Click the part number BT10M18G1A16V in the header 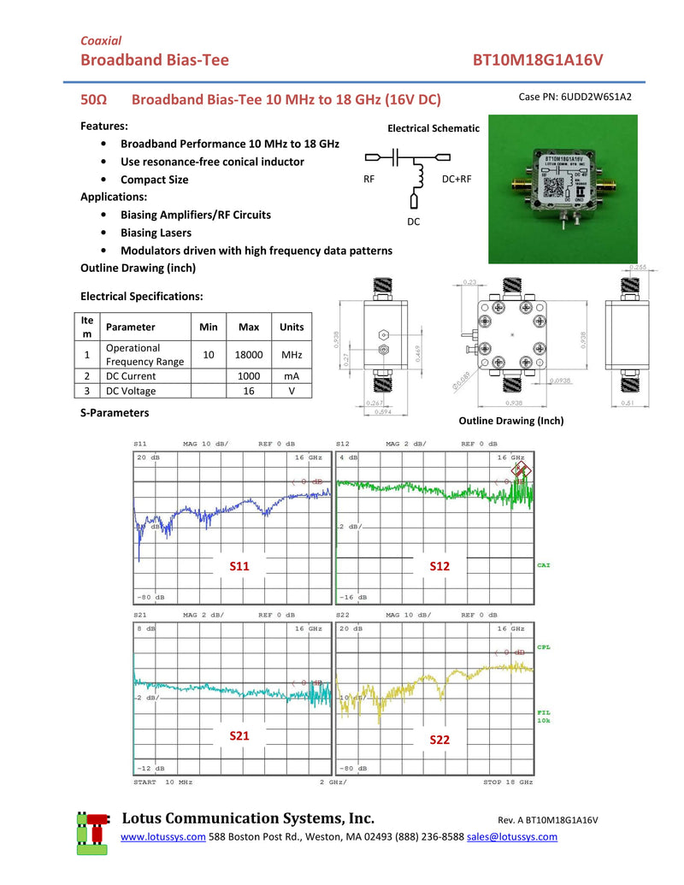(x=538, y=60)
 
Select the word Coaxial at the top (x=101, y=40)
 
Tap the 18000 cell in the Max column (x=249, y=354)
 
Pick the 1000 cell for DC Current (x=249, y=375)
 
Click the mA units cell (x=292, y=375)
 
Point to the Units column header (x=292, y=327)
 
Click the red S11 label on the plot (x=239, y=566)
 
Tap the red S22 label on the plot (x=439, y=740)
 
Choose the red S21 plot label (x=239, y=735)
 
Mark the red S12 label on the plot (x=439, y=566)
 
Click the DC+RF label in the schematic (x=457, y=180)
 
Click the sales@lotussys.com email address (x=512, y=836)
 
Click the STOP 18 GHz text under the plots (x=508, y=782)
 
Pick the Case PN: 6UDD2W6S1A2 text (x=575, y=97)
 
